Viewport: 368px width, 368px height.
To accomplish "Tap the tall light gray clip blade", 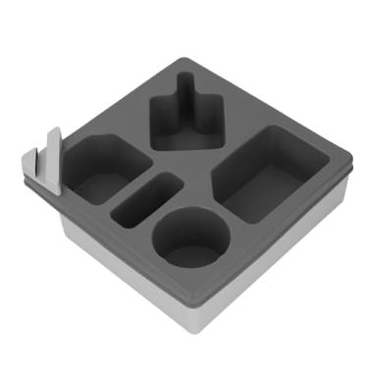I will pos(53,157).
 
